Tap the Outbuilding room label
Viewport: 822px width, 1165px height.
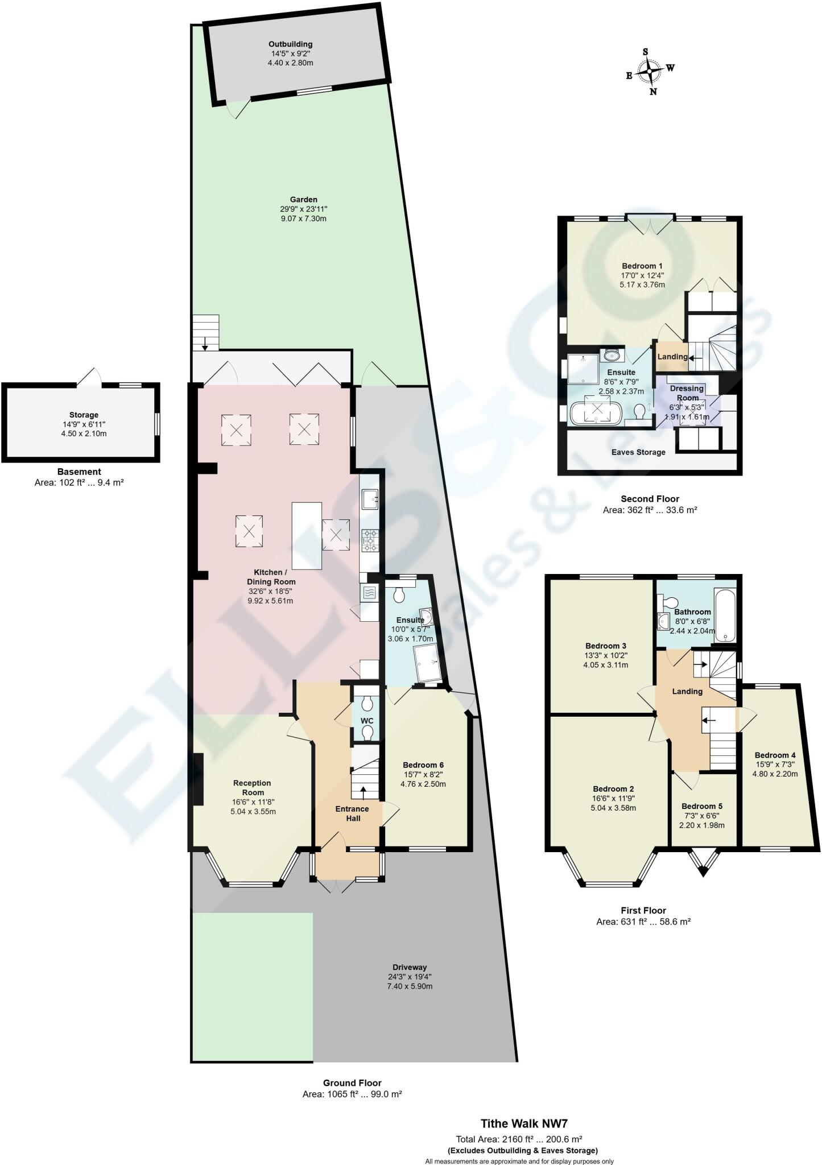click(x=290, y=53)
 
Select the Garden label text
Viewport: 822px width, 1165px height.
click(x=303, y=209)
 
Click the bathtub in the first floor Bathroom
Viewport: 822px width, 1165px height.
click(x=724, y=615)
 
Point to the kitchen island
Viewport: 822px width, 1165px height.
click(x=307, y=536)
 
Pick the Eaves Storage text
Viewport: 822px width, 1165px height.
click(x=638, y=452)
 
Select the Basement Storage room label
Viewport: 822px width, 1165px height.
click(x=84, y=424)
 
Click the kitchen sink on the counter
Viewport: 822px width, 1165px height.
click(x=370, y=499)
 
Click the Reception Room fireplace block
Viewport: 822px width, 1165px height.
click(x=199, y=779)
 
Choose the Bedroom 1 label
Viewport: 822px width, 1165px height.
click(x=642, y=275)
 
